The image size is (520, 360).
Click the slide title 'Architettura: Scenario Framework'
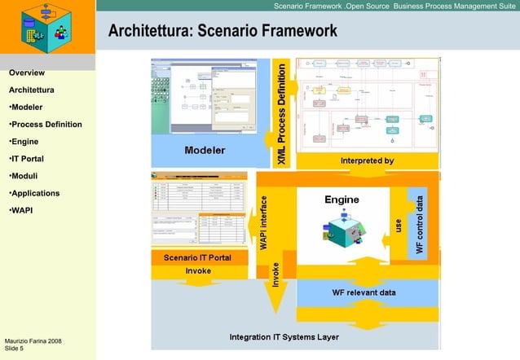[223, 32]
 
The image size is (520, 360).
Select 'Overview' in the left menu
[26, 72]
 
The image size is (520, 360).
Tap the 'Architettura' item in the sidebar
[32, 90]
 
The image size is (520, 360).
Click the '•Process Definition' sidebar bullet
[45, 125]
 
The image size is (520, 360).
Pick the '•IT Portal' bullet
[26, 159]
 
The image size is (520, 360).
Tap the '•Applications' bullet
[34, 193]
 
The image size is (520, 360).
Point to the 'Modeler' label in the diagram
[205, 150]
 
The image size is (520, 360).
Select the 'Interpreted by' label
[368, 160]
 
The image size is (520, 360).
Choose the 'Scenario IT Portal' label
[197, 257]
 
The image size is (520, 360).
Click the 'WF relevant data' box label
[364, 292]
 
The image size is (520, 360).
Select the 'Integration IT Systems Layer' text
[284, 336]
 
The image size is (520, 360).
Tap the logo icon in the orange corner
[47, 25]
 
